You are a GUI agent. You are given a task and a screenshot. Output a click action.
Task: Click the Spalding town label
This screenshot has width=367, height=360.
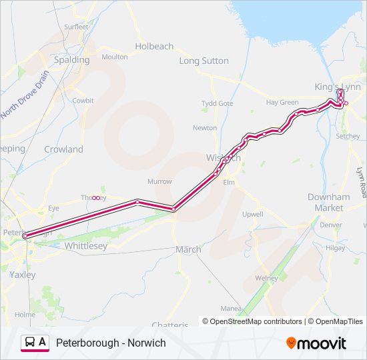pyautogui.click(x=71, y=59)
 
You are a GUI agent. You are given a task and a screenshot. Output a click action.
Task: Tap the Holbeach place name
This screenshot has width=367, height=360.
pyautogui.click(x=154, y=47)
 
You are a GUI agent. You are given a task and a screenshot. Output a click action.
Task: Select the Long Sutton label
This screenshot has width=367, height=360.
pyautogui.click(x=204, y=61)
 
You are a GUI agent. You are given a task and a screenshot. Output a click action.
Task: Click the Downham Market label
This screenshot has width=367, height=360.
pyautogui.click(x=328, y=203)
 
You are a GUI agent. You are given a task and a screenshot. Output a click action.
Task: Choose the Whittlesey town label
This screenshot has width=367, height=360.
pyautogui.click(x=86, y=246)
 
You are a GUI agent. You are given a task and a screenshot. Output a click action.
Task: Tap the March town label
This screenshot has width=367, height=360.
pyautogui.click(x=188, y=249)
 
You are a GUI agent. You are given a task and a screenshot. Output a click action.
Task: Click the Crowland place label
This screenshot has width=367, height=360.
pyautogui.click(x=63, y=149)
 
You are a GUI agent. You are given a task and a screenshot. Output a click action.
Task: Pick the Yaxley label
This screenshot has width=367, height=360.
pyautogui.click(x=23, y=274)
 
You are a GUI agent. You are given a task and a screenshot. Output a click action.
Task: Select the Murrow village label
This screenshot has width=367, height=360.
pyautogui.click(x=159, y=181)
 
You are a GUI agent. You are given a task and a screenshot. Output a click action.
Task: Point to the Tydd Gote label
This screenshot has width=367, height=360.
pyautogui.click(x=218, y=103)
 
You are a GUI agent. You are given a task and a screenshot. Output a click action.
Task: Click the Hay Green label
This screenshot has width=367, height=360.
pyautogui.click(x=282, y=103)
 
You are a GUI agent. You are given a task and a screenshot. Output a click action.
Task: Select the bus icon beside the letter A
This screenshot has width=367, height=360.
pyautogui.click(x=31, y=343)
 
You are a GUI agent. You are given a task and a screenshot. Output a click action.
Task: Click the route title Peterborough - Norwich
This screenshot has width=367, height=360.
pyautogui.click(x=111, y=343)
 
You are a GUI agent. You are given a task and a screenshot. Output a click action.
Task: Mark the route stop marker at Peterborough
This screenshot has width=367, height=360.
pyautogui.click(x=25, y=235)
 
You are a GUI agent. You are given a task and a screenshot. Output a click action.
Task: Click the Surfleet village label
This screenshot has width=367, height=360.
pyautogui.click(x=75, y=27)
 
